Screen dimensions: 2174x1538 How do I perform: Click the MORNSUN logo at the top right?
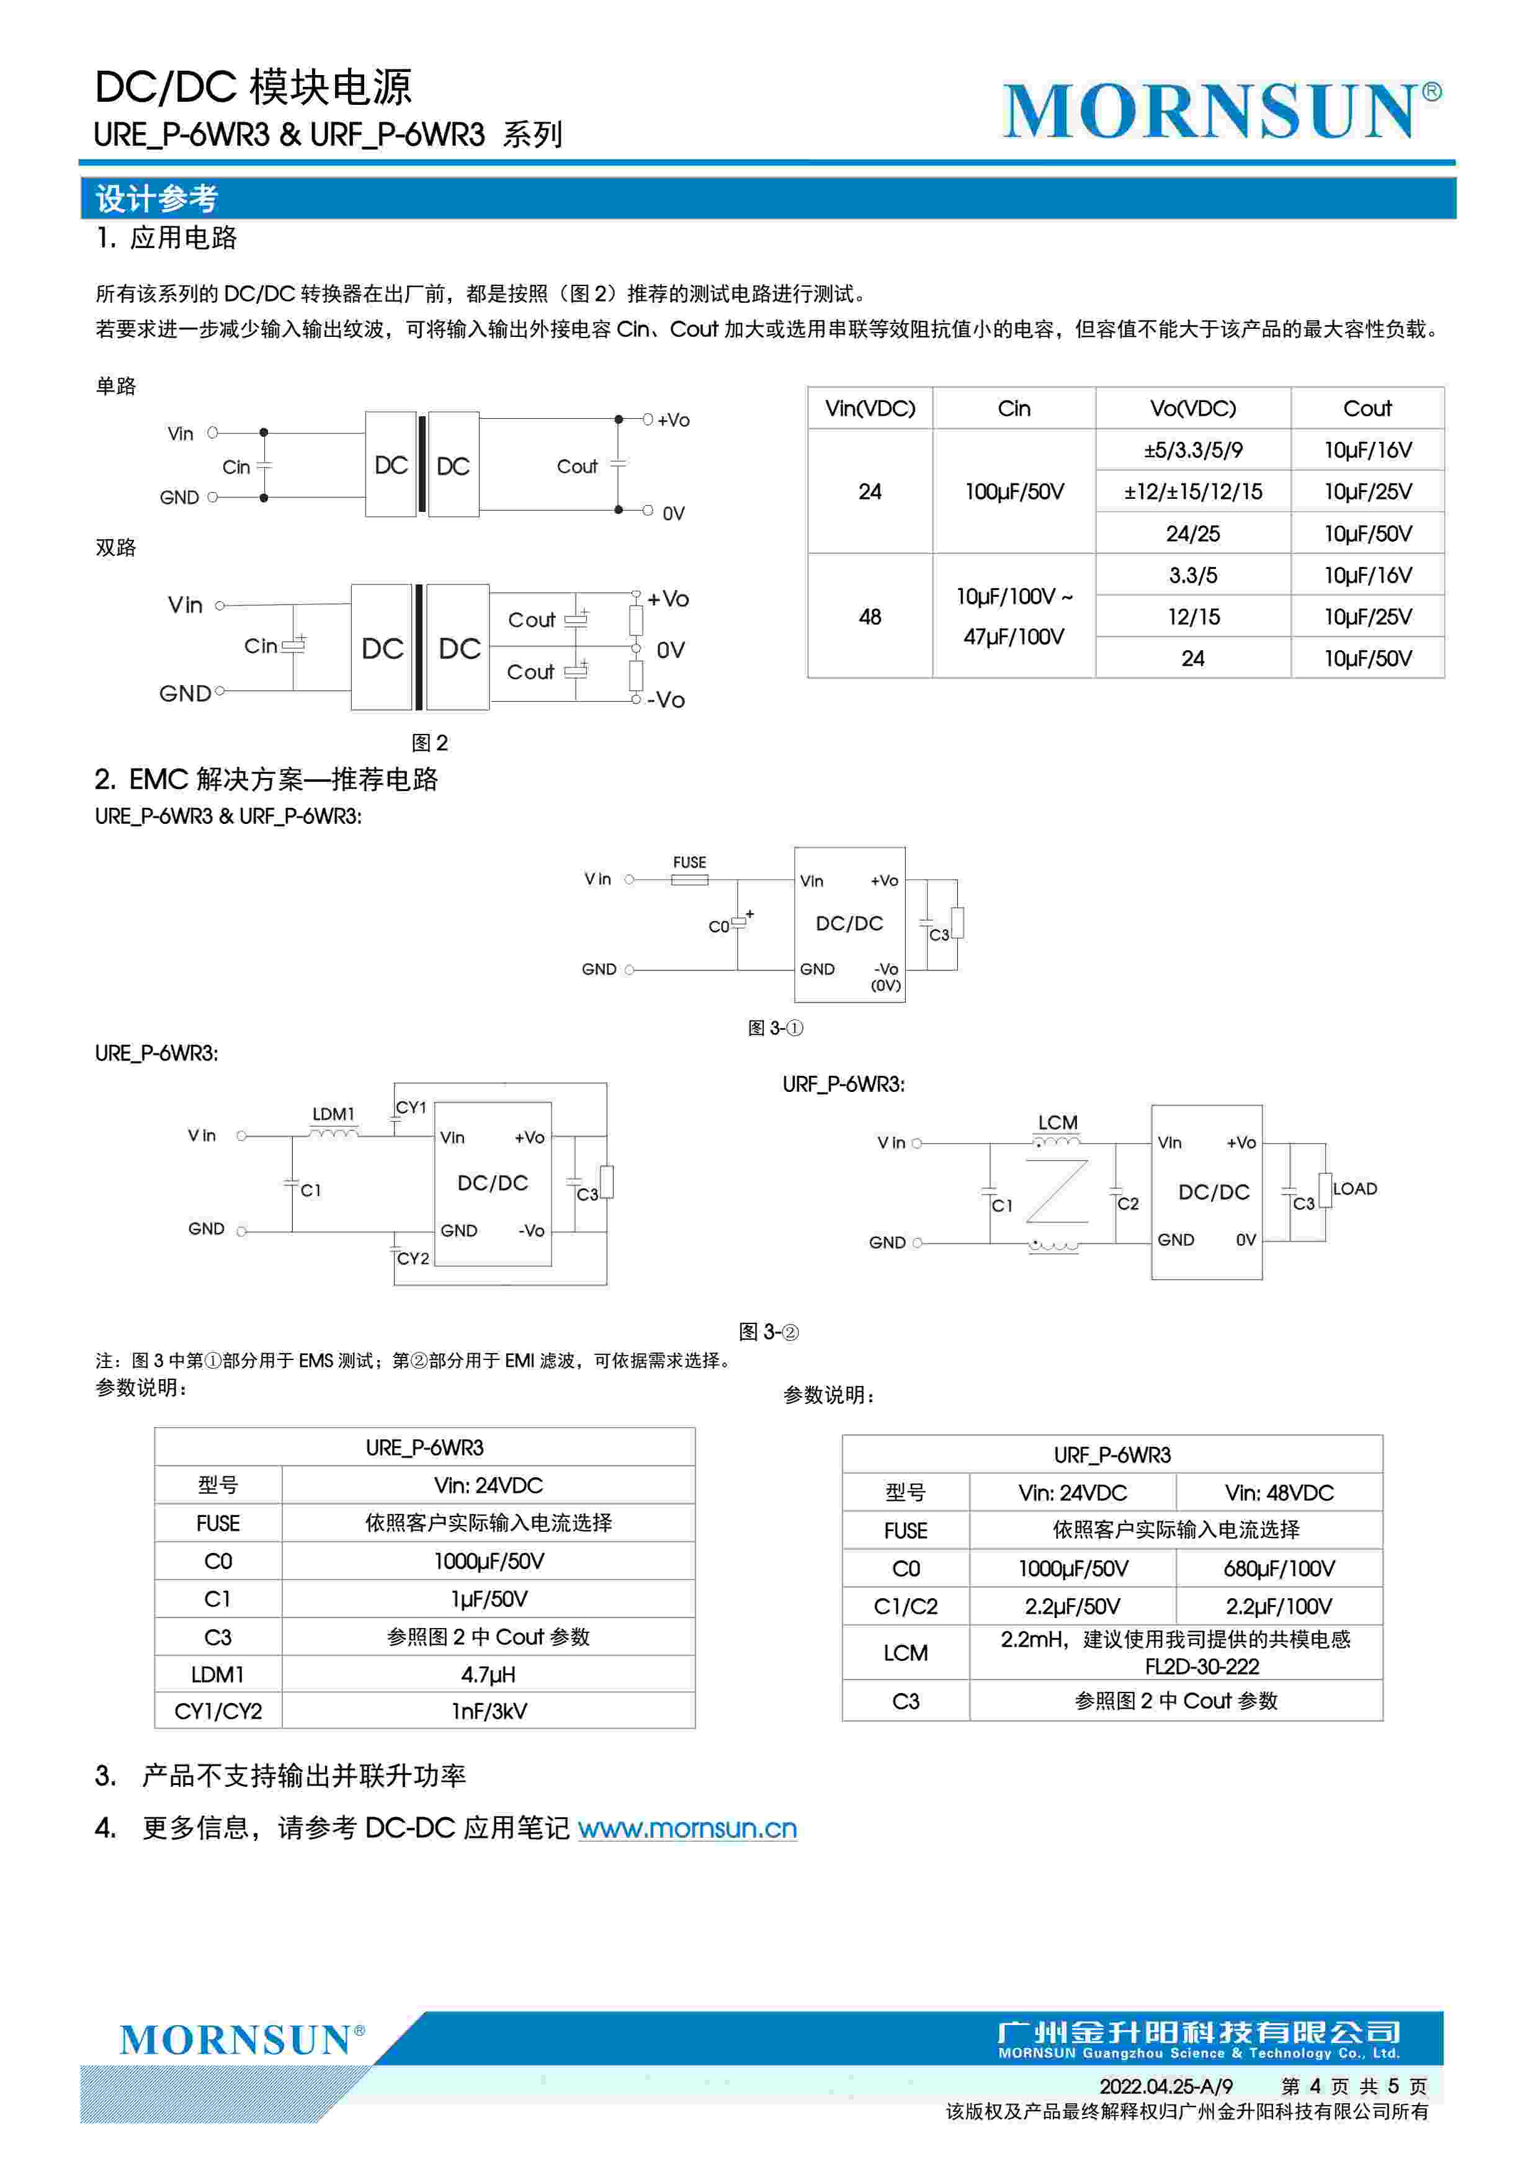(1220, 111)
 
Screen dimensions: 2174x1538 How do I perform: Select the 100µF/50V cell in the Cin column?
(1013, 491)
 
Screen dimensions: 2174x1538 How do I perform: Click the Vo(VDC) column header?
(1192, 408)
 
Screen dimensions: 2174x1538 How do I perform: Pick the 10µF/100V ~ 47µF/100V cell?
(1013, 617)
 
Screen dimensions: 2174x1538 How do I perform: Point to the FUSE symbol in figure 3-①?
(689, 880)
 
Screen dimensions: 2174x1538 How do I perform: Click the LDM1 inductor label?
(333, 1114)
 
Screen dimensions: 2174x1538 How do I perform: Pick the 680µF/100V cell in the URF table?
(1279, 1568)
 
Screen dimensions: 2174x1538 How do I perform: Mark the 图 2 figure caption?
(430, 742)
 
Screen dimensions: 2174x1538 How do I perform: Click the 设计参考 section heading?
(156, 199)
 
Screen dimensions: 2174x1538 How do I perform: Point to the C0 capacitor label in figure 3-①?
(719, 926)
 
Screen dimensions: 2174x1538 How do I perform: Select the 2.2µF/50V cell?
(1072, 1606)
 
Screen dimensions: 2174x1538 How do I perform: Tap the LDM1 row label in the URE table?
(218, 1674)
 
